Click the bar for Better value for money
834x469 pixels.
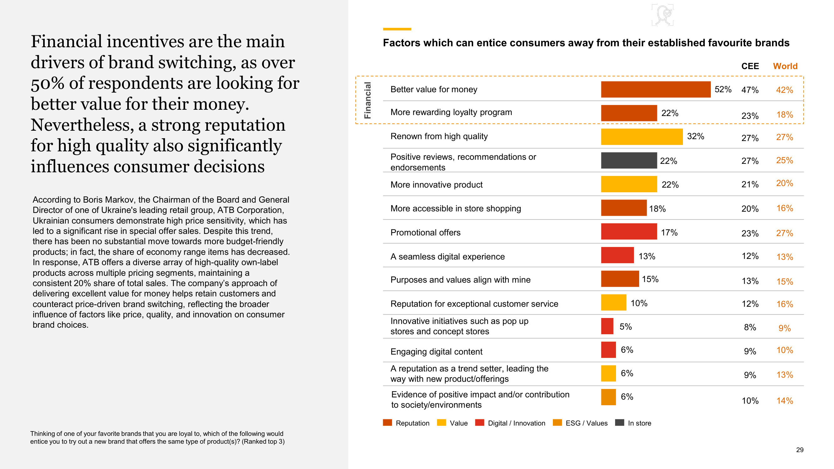655,89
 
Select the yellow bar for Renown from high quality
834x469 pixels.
641,137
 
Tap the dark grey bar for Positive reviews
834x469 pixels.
629,160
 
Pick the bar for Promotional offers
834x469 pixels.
629,231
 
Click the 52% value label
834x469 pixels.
723,89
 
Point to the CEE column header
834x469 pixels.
750,66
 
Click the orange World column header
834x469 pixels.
785,66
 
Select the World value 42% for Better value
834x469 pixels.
784,90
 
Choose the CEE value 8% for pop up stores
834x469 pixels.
750,327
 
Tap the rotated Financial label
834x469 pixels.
367,100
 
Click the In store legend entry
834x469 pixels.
633,423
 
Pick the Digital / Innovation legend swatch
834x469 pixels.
479,422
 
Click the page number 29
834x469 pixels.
799,450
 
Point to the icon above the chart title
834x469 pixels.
662,15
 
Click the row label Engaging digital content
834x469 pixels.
436,351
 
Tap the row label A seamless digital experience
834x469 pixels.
447,256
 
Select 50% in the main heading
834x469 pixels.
48,83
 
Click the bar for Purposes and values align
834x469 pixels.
620,279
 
